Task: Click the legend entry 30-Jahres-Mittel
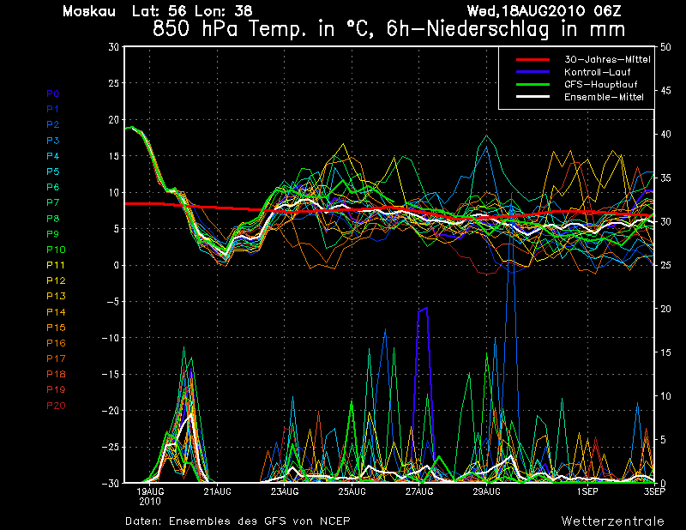pyautogui.click(x=607, y=59)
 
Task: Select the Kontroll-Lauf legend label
pyautogui.click(x=597, y=72)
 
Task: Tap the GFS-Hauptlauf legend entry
pyautogui.click(x=601, y=84)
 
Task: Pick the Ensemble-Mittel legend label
pyautogui.click(x=604, y=97)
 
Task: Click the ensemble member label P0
pyautogui.click(x=52, y=93)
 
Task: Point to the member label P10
pyautogui.click(x=56, y=250)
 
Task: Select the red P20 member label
pyautogui.click(x=56, y=406)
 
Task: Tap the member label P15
pyautogui.click(x=56, y=328)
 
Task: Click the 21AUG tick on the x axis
pyautogui.click(x=218, y=492)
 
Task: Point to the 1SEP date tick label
pyautogui.click(x=587, y=492)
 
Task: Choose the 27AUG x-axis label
pyautogui.click(x=419, y=492)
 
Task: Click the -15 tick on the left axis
pyautogui.click(x=111, y=374)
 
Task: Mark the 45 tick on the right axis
pyautogui.click(x=665, y=91)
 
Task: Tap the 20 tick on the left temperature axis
pyautogui.click(x=113, y=119)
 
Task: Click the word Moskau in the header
pyautogui.click(x=89, y=11)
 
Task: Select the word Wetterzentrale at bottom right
pyautogui.click(x=613, y=521)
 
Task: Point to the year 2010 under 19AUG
pyautogui.click(x=149, y=502)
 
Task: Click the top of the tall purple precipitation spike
pyautogui.click(x=426, y=308)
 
